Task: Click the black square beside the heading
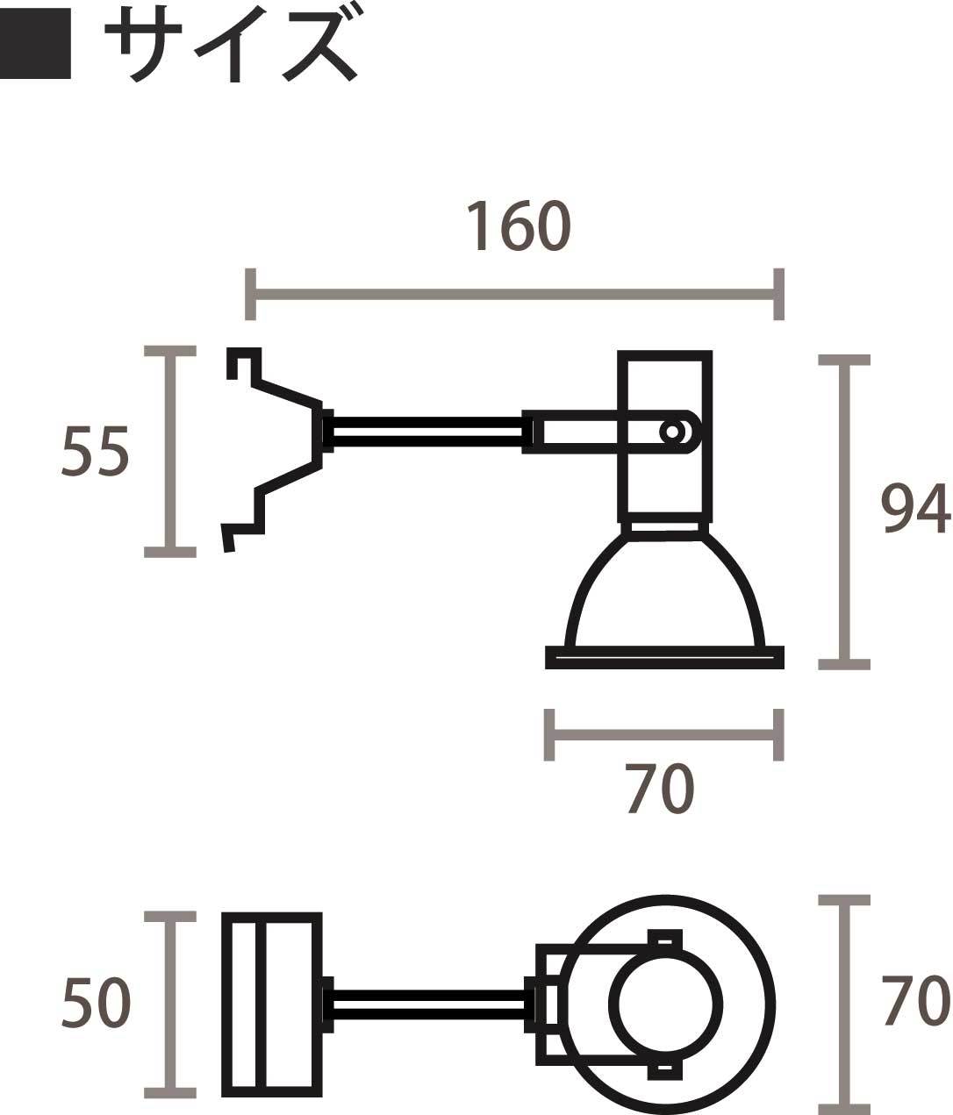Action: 35,44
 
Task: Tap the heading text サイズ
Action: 231,44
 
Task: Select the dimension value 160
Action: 519,226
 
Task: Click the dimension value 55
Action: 95,451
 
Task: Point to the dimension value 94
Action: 915,509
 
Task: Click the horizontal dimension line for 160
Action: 514,294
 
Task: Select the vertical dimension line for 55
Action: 170,452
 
